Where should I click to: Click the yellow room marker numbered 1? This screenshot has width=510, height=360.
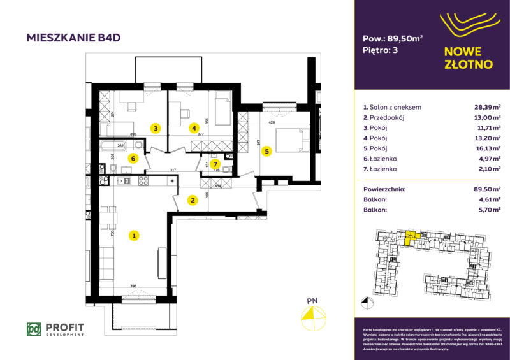click(134, 236)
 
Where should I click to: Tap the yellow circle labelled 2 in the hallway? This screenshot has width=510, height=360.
click(193, 200)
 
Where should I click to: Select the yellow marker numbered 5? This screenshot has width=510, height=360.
click(266, 151)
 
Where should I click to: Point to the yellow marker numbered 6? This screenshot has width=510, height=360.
click(133, 159)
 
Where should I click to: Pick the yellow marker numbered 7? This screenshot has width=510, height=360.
click(216, 163)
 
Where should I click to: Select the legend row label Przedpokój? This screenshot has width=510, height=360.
click(386, 117)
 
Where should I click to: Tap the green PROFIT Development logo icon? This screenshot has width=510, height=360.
click(34, 329)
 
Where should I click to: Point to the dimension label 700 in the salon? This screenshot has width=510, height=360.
click(112, 234)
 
